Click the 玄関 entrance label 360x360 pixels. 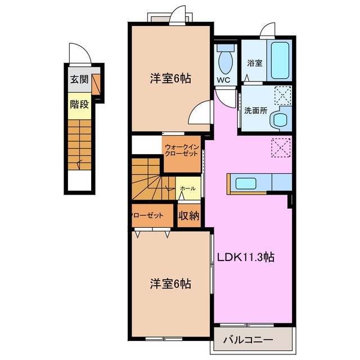[x=79, y=79]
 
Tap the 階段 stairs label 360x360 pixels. [x=79, y=105]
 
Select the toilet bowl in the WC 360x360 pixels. [x=226, y=61]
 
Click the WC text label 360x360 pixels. [x=224, y=80]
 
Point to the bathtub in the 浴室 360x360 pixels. [x=280, y=60]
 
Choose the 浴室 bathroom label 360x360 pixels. [x=255, y=63]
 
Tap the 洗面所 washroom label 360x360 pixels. [x=255, y=111]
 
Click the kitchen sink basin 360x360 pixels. [x=246, y=183]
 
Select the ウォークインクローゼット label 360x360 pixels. [x=182, y=150]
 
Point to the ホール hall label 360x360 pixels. [x=188, y=188]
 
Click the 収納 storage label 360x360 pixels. [x=189, y=215]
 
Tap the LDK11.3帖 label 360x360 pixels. [x=246, y=257]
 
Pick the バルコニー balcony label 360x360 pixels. [x=249, y=339]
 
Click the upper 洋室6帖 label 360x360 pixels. [x=170, y=79]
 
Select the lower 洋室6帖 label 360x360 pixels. [x=170, y=283]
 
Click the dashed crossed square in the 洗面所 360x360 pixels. [x=283, y=95]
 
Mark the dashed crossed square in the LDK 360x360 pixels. [x=281, y=147]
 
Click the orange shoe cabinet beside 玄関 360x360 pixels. [x=96, y=84]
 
